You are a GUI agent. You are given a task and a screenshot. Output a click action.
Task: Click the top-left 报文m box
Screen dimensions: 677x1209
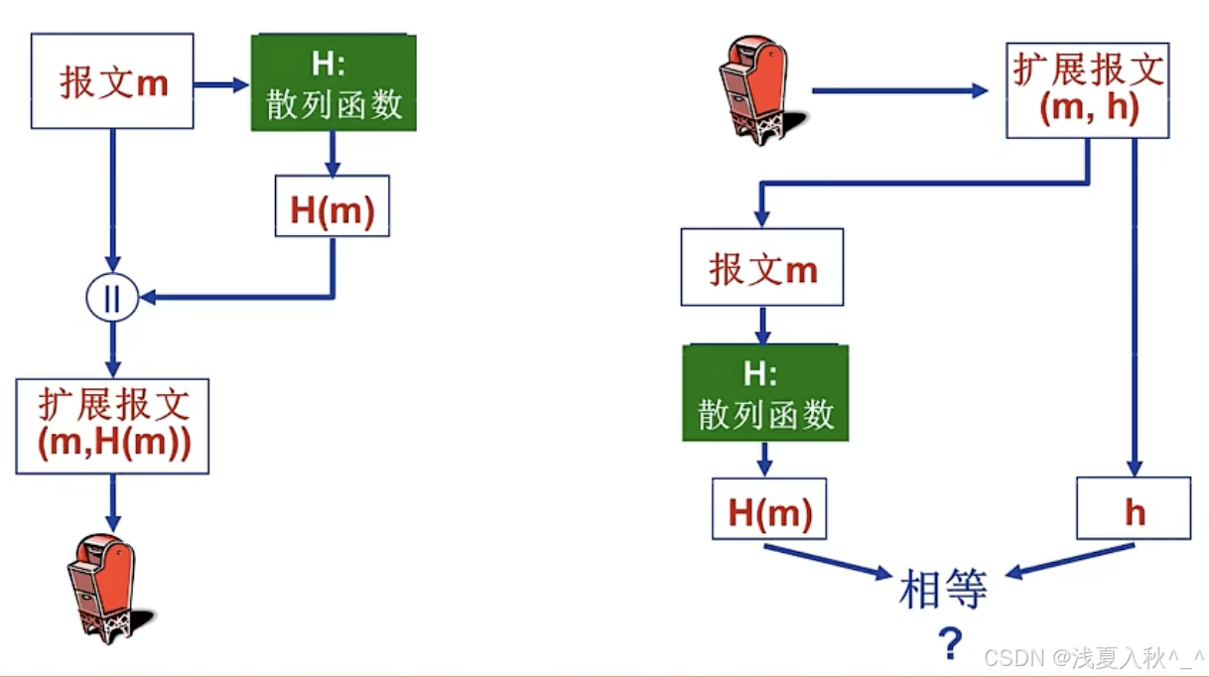click(x=112, y=81)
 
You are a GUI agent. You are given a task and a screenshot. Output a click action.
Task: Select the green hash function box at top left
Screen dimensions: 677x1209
click(x=334, y=83)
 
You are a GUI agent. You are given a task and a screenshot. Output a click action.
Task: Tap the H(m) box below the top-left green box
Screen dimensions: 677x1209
click(x=333, y=206)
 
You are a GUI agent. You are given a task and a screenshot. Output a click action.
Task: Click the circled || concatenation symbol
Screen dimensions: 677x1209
click(x=111, y=298)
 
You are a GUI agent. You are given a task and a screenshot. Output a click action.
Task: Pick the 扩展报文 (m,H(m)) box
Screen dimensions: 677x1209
click(x=112, y=425)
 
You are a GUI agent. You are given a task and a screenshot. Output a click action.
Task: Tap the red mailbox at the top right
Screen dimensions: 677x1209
click(x=754, y=89)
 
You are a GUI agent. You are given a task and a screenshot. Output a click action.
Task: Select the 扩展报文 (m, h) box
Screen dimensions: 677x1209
click(x=1088, y=90)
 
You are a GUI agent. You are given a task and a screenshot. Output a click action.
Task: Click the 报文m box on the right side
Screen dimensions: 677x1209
click(x=761, y=267)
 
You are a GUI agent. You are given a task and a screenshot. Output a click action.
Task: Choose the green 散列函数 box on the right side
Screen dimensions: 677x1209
click(x=765, y=393)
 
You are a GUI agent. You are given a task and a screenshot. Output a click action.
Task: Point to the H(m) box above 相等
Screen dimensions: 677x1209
click(x=769, y=511)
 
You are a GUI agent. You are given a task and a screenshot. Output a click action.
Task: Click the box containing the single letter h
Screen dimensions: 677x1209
click(x=1134, y=509)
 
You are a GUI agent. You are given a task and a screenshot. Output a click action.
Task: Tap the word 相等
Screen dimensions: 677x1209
click(x=942, y=590)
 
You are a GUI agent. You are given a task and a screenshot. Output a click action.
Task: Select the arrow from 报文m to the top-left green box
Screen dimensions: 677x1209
click(x=220, y=85)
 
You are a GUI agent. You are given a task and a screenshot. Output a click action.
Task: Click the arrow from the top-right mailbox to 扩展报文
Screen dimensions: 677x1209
click(x=898, y=90)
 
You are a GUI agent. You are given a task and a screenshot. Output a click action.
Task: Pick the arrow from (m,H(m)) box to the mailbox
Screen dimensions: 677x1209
click(x=112, y=502)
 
